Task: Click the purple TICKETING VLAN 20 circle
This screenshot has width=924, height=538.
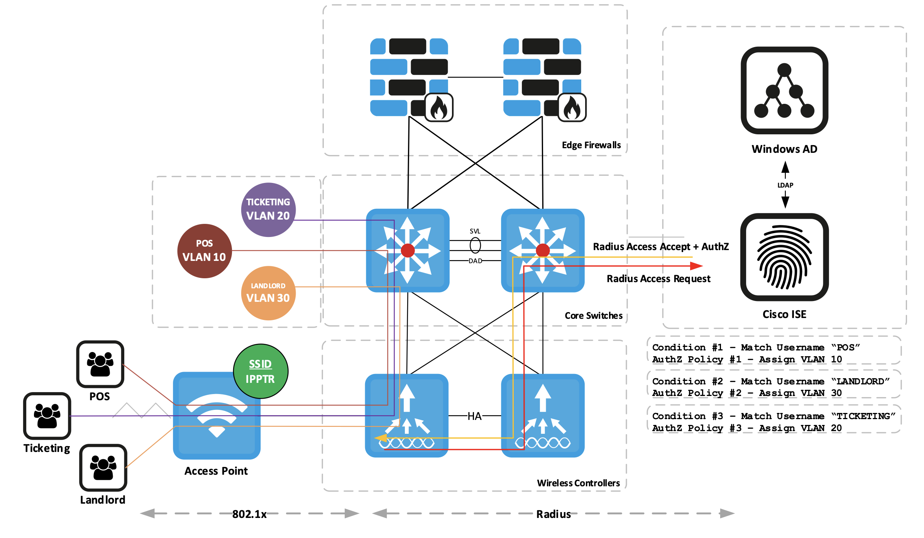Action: [268, 210]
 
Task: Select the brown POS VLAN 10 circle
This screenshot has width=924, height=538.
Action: [205, 251]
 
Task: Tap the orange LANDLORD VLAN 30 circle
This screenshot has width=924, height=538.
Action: [268, 293]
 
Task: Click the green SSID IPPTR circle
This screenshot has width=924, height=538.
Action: [261, 371]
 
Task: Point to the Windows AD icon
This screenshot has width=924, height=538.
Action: [784, 90]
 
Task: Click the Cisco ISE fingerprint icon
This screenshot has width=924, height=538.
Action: [784, 257]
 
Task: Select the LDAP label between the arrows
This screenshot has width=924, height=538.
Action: [785, 185]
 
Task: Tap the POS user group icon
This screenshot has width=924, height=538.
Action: [100, 364]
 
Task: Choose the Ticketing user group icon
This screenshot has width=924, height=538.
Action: [47, 416]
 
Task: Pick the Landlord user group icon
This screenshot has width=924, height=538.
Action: [103, 467]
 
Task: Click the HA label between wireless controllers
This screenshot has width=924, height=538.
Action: [474, 416]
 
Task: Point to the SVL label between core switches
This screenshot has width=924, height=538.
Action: [475, 231]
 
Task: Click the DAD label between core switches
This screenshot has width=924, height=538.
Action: [475, 261]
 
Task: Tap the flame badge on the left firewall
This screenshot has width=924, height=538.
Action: [439, 107]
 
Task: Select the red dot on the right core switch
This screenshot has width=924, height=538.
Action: [543, 250]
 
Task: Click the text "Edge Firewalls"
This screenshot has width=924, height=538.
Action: [591, 145]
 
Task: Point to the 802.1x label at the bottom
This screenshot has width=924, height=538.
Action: [249, 514]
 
